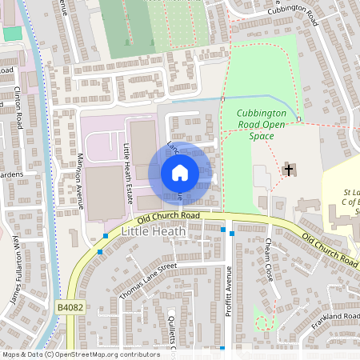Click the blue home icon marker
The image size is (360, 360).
tap(180, 172)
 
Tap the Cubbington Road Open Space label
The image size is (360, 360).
tap(261, 125)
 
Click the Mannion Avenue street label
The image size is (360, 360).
tap(81, 182)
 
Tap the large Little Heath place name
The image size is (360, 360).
tap(154, 231)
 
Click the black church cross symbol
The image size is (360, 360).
tap(287, 170)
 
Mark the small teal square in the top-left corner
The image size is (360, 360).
tap(12, 33)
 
